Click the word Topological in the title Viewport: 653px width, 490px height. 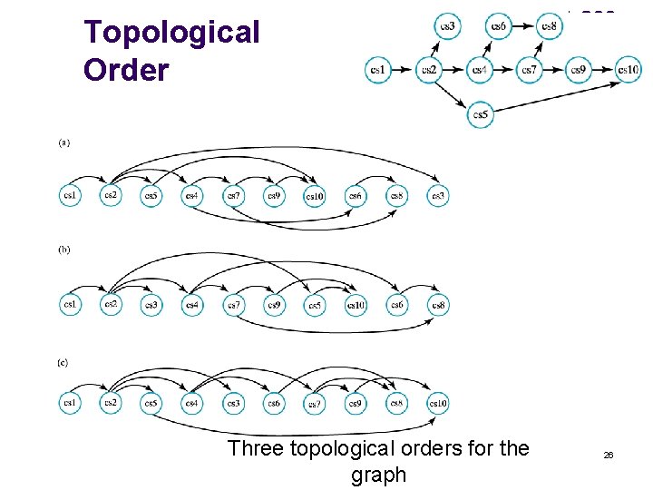coord(171,33)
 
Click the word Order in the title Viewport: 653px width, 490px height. coord(126,70)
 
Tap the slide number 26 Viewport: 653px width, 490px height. coord(609,455)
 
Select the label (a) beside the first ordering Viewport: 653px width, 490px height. coord(64,142)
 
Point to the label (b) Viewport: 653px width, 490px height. coord(64,250)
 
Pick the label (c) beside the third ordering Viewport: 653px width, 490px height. coord(63,362)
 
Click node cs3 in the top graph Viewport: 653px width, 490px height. coord(447,26)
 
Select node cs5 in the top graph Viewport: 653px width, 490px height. coord(482,114)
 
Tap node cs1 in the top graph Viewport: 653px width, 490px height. coord(378,70)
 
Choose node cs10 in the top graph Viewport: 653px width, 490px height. coord(628,70)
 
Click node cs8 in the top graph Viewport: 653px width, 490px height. coord(549,26)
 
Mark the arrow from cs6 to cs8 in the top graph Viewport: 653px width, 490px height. coord(523,26)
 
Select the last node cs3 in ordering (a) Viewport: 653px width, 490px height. coord(437,195)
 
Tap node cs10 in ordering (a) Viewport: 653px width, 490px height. coord(314,195)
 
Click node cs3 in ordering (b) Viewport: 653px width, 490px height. coord(151,306)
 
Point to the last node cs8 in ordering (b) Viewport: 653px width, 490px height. coord(437,306)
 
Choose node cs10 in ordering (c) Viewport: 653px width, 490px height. coord(437,403)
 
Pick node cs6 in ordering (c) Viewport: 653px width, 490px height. coord(273,403)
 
